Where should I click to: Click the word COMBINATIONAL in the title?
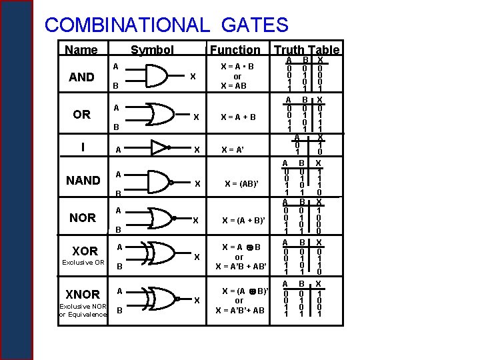[126, 25]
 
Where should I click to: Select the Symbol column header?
[152, 49]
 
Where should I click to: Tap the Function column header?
[235, 49]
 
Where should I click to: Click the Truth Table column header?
[307, 49]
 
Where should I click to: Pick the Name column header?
[81, 49]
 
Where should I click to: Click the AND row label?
[82, 77]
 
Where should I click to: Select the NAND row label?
[83, 180]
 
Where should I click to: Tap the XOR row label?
[85, 251]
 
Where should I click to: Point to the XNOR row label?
[83, 294]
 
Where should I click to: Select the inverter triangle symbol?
[160, 147]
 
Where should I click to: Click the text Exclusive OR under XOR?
[83, 262]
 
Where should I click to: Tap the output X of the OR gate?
[196, 117]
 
